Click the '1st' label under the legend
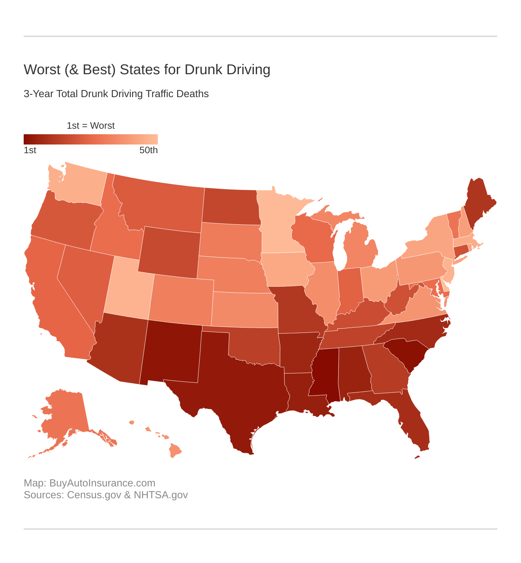(x=30, y=150)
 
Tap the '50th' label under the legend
(x=148, y=150)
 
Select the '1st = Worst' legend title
(x=91, y=126)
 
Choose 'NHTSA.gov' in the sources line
(x=161, y=495)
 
